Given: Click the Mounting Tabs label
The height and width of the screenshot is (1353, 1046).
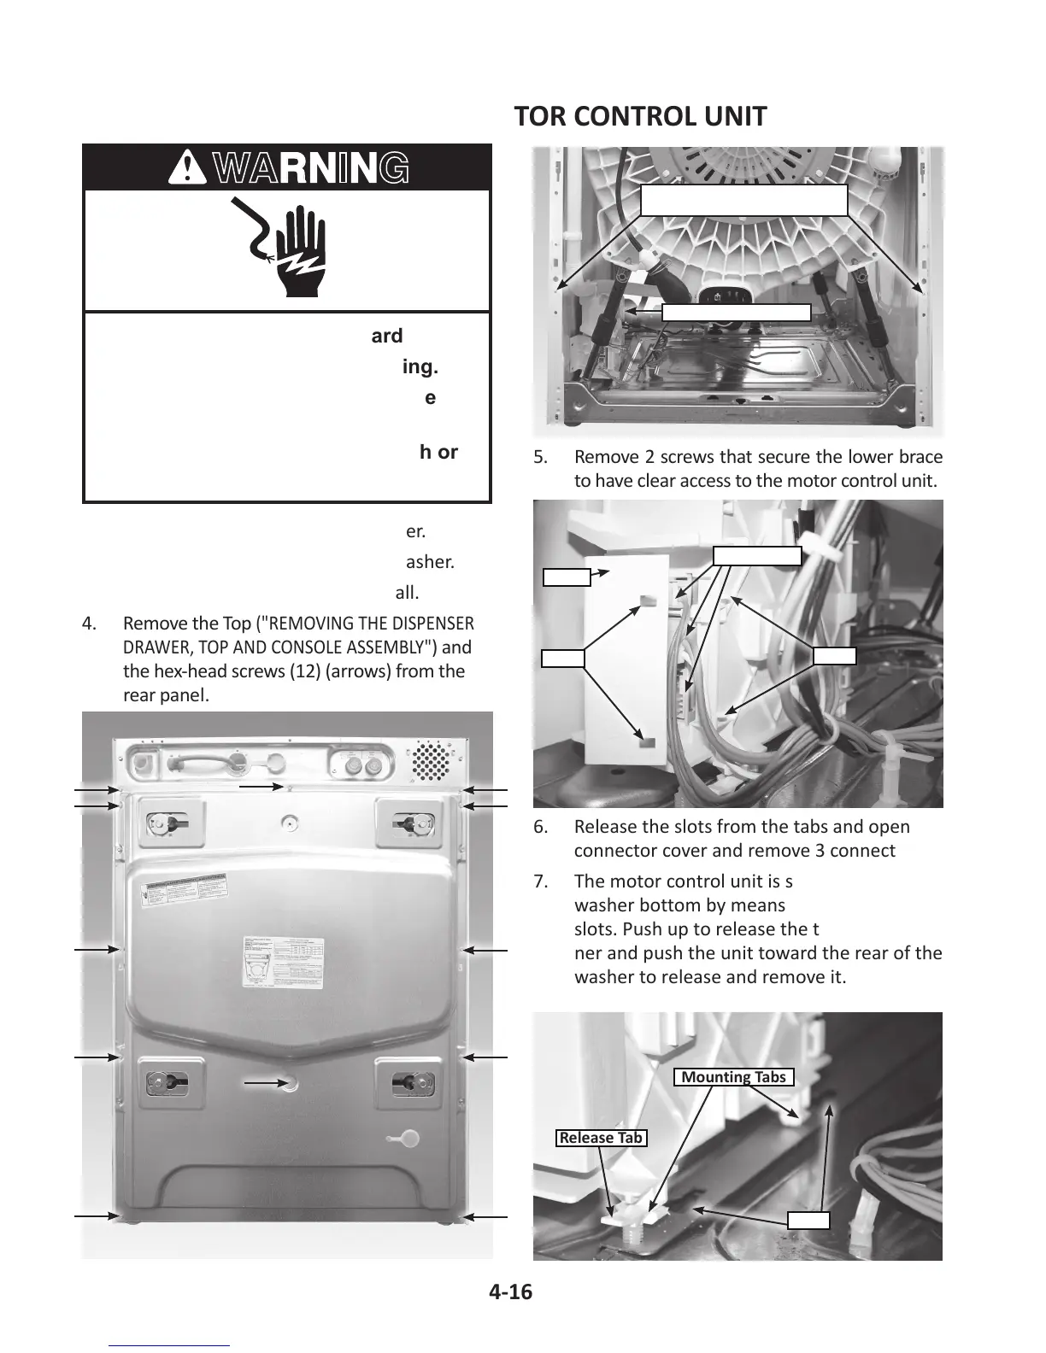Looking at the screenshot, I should (734, 1077).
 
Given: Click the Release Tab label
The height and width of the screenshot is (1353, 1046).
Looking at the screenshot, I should (601, 1138).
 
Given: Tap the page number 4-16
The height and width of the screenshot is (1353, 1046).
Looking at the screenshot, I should (510, 1292).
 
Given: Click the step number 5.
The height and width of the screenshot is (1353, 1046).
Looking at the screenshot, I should (540, 457).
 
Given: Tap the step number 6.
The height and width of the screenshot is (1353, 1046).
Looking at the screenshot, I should (540, 827).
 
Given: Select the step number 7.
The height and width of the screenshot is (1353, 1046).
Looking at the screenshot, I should (540, 881).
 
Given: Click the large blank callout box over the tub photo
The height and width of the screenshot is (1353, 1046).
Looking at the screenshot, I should (743, 200).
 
